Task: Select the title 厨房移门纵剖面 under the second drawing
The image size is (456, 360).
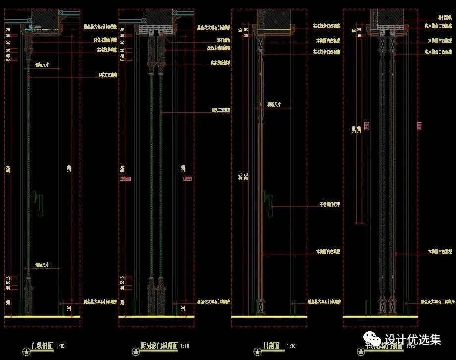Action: (x=157, y=346)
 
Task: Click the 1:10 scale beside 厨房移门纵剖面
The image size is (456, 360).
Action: (x=185, y=346)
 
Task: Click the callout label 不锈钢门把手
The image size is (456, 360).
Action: (x=329, y=204)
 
